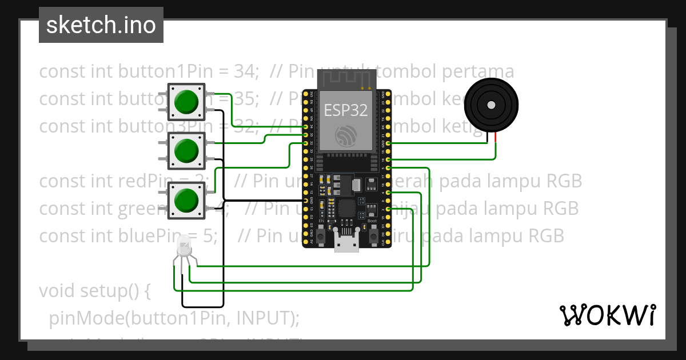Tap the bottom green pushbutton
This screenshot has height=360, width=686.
186,201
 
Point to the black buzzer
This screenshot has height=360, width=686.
491,105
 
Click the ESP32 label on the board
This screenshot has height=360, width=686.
346,110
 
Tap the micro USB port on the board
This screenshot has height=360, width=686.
346,245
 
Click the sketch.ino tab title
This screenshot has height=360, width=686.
101,25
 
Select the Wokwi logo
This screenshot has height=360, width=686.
607,315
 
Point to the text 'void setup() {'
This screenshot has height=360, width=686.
94,291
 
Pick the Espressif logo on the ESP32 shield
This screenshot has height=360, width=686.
346,135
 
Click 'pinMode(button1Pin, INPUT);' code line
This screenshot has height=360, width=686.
174,318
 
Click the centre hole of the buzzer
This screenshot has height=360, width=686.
491,105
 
